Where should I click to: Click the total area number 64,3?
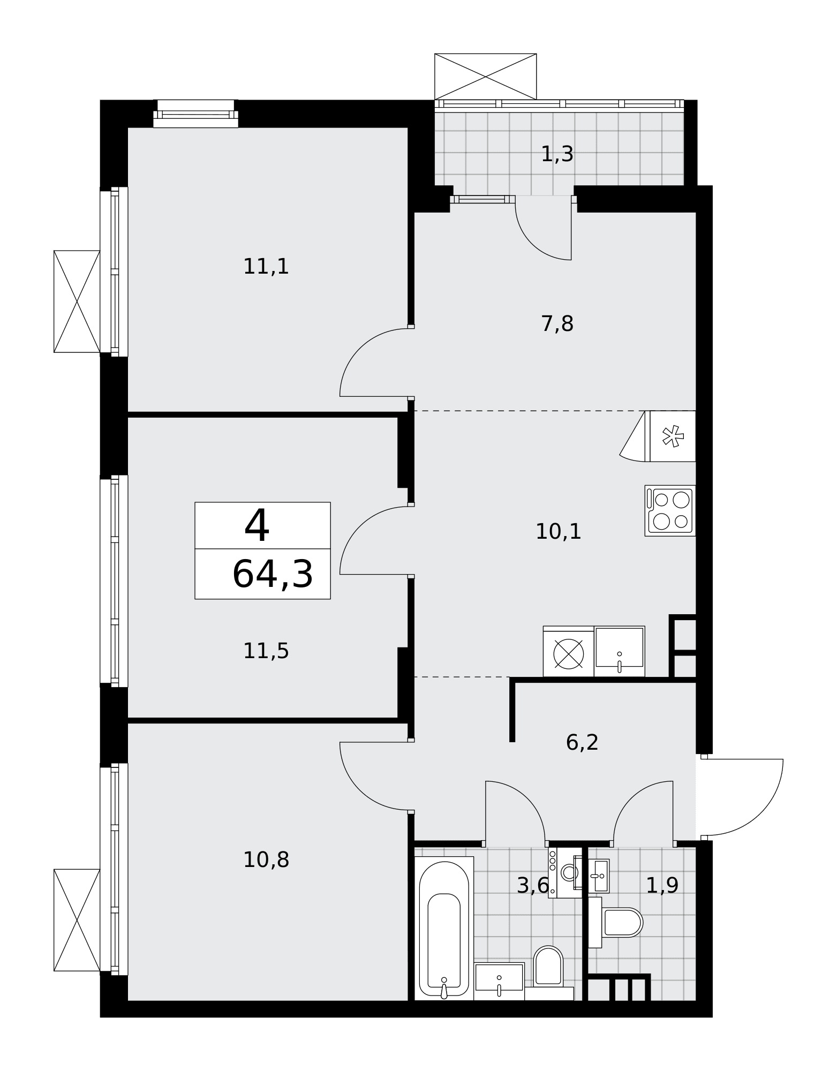coord(273,575)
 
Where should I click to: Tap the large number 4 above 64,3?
coord(257,526)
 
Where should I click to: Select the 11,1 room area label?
coord(266,267)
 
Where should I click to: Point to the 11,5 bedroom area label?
coord(266,651)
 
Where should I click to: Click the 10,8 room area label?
coord(266,860)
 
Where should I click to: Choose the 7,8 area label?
coord(557,324)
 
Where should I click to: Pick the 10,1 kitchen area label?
coord(559,532)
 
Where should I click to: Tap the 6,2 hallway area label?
coord(582,743)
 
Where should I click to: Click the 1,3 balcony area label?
coord(557,154)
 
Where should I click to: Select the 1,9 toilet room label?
coord(662,886)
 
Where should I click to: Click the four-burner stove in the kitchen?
coord(670,511)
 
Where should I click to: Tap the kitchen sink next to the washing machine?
coord(620,651)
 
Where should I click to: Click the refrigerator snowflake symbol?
coord(673,436)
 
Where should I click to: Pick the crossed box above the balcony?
coord(485,77)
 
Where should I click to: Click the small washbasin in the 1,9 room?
coord(599,876)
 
